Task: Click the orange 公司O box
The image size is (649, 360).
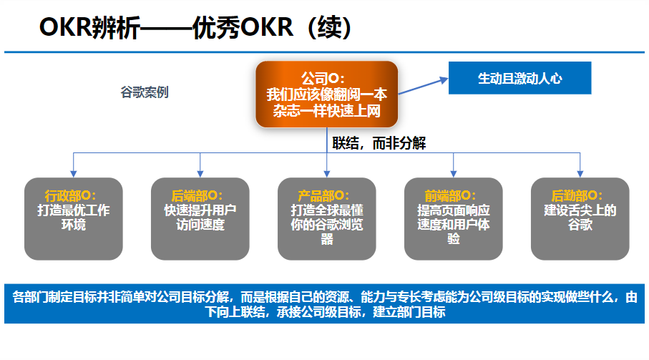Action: pos(326,94)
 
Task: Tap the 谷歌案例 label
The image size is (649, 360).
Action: pos(145,92)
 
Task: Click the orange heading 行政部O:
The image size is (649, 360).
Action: pos(70,195)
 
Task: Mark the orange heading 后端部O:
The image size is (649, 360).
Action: pos(197,195)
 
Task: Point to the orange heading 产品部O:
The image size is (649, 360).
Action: pos(323,195)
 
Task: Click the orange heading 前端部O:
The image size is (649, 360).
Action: pos(450,195)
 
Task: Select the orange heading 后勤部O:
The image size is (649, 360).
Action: pos(577,195)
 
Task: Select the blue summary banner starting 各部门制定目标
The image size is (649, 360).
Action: pos(324,304)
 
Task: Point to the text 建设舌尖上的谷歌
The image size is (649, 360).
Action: pos(580,218)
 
